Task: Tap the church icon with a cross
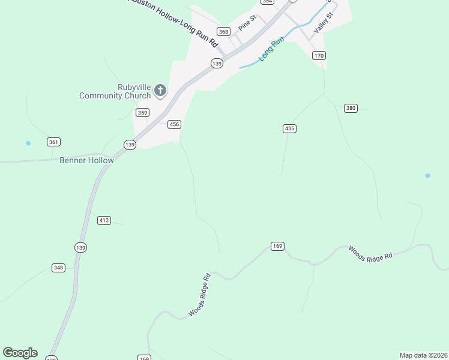[160, 91]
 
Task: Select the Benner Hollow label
[86, 160]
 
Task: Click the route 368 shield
[224, 32]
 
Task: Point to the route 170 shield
[319, 56]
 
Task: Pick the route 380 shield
[351, 108]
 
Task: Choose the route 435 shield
[290, 128]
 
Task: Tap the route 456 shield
[174, 124]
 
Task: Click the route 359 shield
[142, 112]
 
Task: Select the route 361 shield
[53, 142]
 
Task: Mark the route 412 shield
[104, 220]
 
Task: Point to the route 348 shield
[58, 268]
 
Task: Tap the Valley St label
[322, 23]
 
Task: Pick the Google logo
[20, 353]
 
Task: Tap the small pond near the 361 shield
[28, 143]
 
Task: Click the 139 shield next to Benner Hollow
[130, 145]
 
